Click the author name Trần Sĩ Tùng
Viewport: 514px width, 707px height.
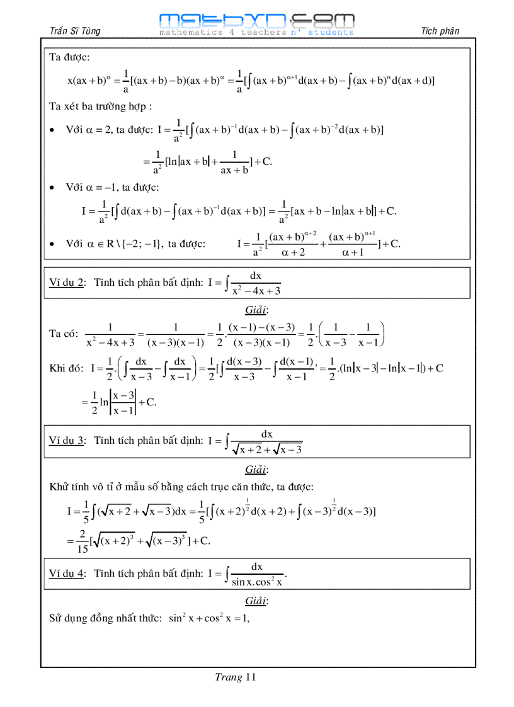pyautogui.click(x=74, y=31)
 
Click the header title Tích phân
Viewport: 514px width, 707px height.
pyautogui.click(x=440, y=31)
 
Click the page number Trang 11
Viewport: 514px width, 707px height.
pyautogui.click(x=235, y=677)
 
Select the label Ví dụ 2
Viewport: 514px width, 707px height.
pyautogui.click(x=67, y=283)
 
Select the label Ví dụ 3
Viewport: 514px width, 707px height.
pyautogui.click(x=67, y=441)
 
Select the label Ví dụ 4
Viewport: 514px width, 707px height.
pyautogui.click(x=67, y=574)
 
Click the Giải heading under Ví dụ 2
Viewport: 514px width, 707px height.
pyautogui.click(x=256, y=310)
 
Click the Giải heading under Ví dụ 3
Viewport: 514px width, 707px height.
pyautogui.click(x=256, y=470)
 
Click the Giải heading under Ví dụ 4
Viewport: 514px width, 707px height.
pyautogui.click(x=256, y=601)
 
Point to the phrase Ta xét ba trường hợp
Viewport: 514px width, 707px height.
pyautogui.click(x=100, y=106)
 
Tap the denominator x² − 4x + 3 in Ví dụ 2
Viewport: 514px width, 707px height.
pyautogui.click(x=256, y=291)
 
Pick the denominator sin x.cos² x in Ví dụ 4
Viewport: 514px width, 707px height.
pyautogui.click(x=257, y=582)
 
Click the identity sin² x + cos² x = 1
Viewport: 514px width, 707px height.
pyautogui.click(x=208, y=619)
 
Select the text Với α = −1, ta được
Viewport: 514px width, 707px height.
pyautogui.click(x=112, y=187)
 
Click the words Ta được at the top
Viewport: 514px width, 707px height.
pyautogui.click(x=69, y=58)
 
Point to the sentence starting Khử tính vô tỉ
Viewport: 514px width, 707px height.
pyautogui.click(x=181, y=487)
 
